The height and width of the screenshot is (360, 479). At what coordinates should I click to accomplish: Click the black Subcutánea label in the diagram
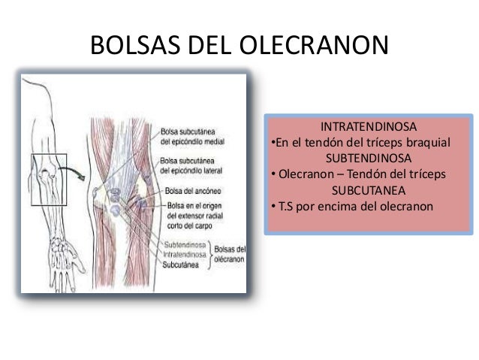coord(185,265)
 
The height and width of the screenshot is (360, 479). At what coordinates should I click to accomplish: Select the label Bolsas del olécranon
coord(230,253)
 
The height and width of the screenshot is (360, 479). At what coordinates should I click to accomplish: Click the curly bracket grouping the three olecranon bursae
coord(211,254)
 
